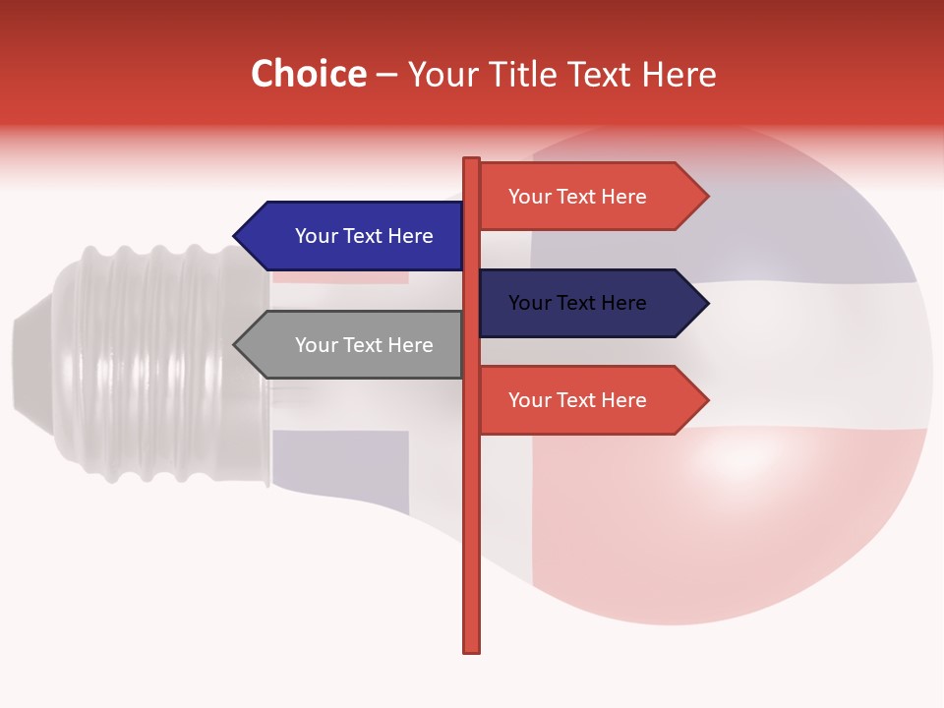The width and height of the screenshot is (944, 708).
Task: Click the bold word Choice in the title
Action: point(308,74)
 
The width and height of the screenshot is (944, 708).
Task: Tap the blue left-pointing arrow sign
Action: point(354,236)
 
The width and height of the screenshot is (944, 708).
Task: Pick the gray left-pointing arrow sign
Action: point(354,345)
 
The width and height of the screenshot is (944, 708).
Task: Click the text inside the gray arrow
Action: point(364,345)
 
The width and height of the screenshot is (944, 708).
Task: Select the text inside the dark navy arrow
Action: point(577,303)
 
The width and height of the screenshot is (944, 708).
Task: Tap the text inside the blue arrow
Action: point(364,236)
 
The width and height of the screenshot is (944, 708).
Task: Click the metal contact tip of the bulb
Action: point(29,364)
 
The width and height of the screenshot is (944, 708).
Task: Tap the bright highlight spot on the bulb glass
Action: point(737,457)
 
